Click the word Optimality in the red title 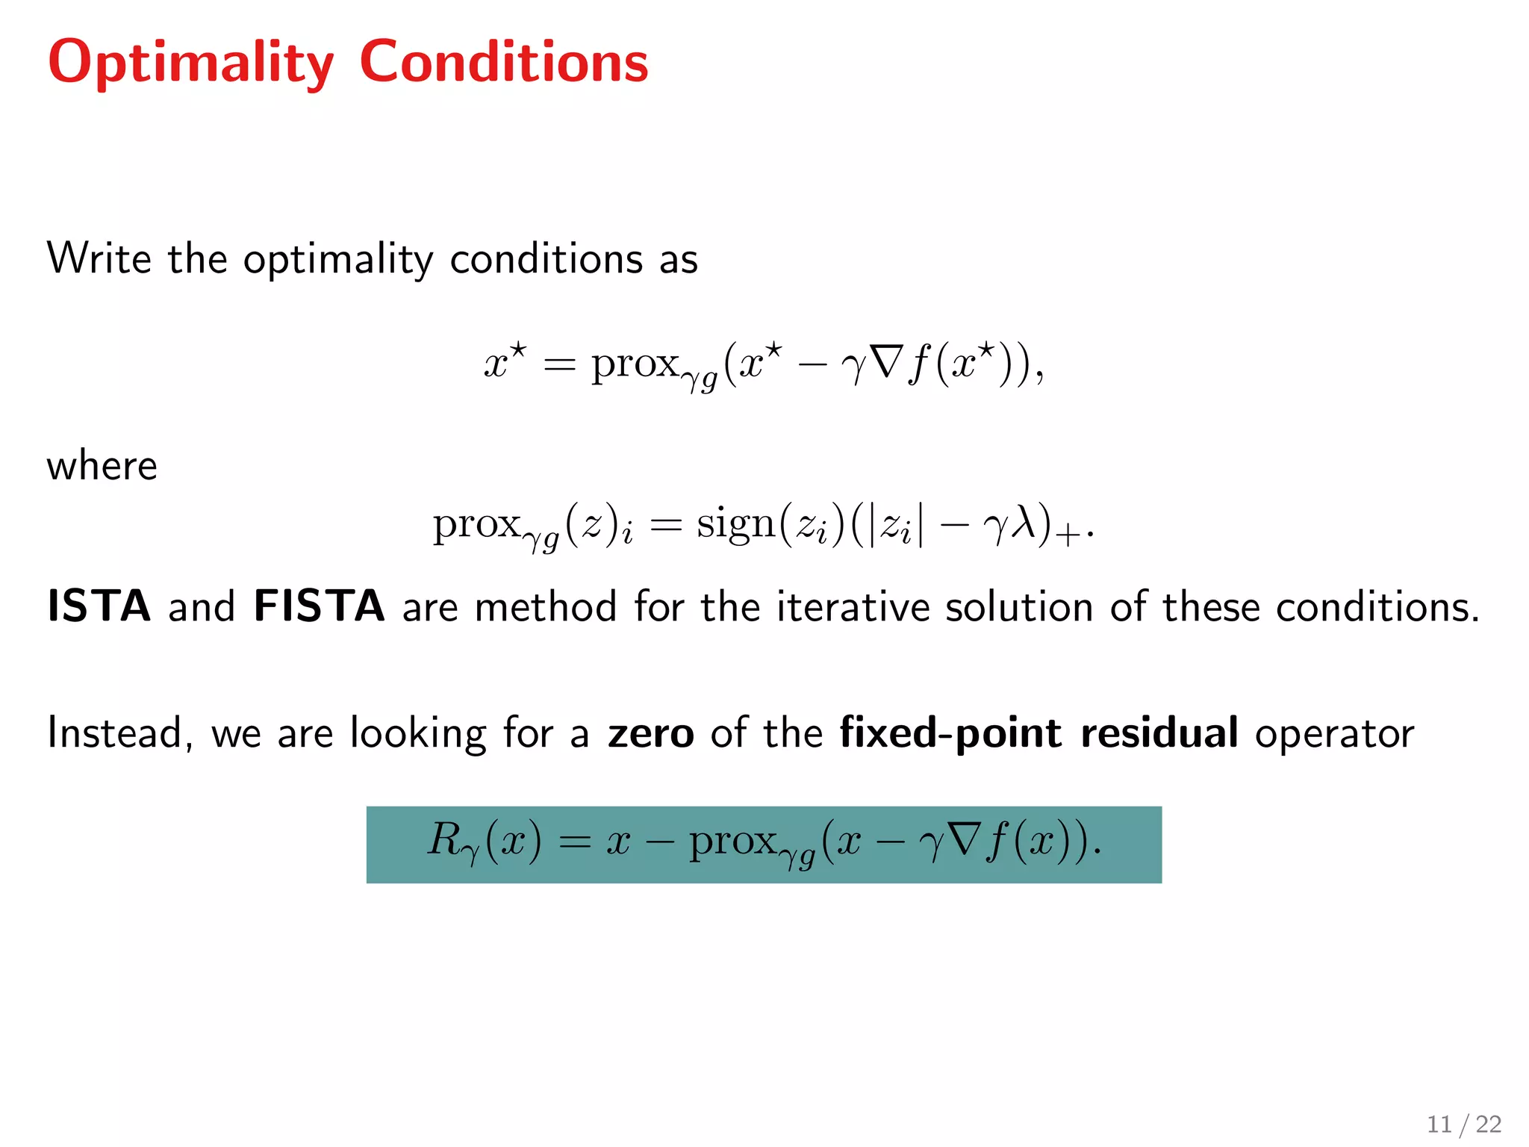pos(190,63)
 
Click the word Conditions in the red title pos(504,62)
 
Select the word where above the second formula pos(102,466)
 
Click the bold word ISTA pos(99,606)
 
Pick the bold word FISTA pos(320,606)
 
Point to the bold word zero pos(651,733)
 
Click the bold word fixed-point pos(950,733)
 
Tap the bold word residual pos(1159,733)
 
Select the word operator pos(1335,734)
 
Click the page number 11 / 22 pos(1464,1124)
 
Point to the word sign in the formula pos(736,523)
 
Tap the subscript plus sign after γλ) pos(1070,535)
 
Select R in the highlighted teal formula pos(445,839)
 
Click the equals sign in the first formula pos(560,365)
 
